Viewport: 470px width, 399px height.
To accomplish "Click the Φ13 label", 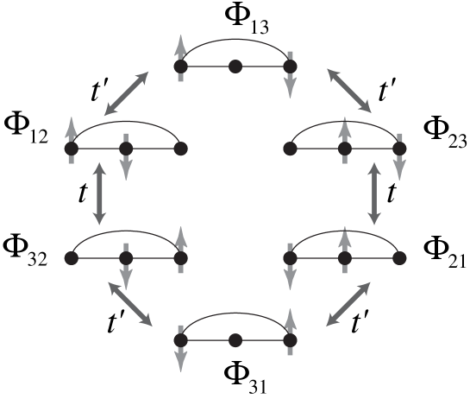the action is tap(247, 19).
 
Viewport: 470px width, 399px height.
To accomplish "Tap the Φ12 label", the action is tap(26, 130).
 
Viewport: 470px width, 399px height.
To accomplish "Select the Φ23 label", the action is tap(445, 134).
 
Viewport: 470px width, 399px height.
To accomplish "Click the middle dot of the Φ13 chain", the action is tap(235, 66).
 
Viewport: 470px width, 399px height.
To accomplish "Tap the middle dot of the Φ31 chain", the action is tap(235, 340).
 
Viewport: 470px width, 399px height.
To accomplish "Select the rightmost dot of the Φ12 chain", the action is tap(181, 149).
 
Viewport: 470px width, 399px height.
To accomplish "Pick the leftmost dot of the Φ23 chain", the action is tap(290, 149).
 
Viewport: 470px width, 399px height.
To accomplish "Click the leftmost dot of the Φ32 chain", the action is tap(72, 258).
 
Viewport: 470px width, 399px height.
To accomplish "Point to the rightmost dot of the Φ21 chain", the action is tap(399, 258).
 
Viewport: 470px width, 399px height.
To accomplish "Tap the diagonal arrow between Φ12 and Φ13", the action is tap(126, 93).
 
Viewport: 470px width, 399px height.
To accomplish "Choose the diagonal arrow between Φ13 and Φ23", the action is tap(349, 91).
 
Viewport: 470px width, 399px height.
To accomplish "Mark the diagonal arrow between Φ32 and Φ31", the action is tap(130, 304).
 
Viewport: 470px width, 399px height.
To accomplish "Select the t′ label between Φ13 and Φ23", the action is tap(386, 91).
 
